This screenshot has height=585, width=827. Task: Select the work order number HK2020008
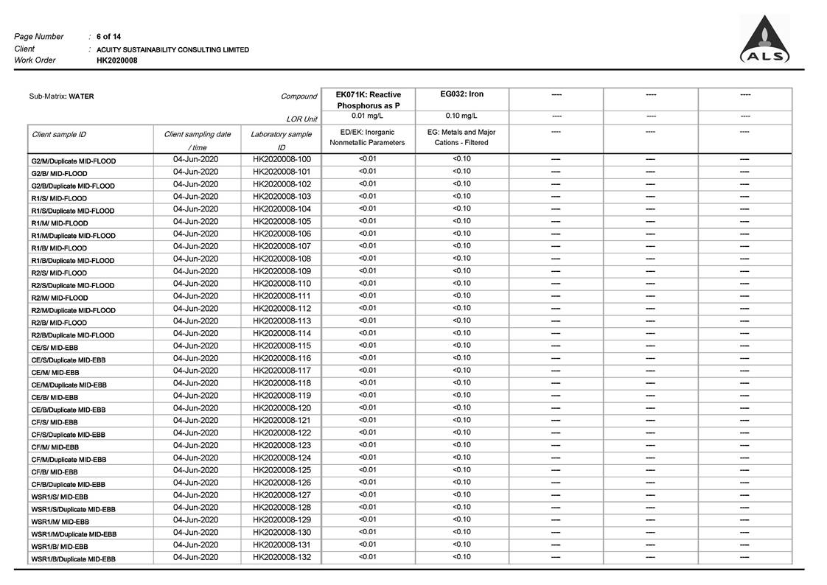tap(116, 60)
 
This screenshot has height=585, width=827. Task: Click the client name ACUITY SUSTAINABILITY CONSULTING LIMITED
tap(172, 49)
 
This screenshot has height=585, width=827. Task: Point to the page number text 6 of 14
tap(109, 37)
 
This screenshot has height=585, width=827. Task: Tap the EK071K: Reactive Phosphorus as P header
tap(368, 100)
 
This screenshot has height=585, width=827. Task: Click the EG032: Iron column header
tap(461, 94)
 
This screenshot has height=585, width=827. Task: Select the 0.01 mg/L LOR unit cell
tap(368, 116)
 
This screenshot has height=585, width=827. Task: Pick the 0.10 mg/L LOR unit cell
tap(461, 116)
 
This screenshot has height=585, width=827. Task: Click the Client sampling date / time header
tap(197, 140)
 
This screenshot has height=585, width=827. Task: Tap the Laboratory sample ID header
tap(281, 140)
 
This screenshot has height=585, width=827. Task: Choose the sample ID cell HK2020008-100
tap(282, 159)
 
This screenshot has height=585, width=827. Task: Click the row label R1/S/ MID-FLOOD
tap(59, 198)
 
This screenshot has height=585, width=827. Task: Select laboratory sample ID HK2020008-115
tap(282, 346)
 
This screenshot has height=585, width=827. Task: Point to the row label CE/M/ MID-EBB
tap(55, 372)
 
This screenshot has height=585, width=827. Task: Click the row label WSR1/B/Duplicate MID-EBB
tap(73, 559)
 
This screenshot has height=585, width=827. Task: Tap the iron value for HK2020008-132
tap(461, 557)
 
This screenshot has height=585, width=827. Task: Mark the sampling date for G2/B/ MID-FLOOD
tap(195, 172)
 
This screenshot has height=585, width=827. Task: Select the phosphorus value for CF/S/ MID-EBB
tap(367, 420)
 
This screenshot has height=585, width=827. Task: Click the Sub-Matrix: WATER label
tap(61, 97)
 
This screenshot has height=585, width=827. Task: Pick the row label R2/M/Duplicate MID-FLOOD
tap(73, 310)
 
